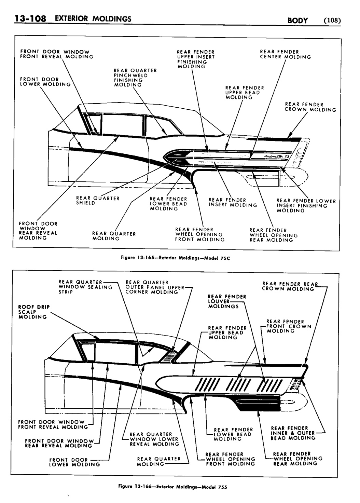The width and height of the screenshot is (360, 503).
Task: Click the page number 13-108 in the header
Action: [30, 18]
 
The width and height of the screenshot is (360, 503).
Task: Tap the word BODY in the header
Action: [297, 21]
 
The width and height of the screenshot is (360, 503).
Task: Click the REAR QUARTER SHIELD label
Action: [97, 200]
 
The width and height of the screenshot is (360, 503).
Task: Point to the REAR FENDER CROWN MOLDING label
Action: [310, 107]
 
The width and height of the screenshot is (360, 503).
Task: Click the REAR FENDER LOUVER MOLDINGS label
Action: [227, 301]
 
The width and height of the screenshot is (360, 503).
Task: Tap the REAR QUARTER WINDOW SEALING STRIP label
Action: [85, 287]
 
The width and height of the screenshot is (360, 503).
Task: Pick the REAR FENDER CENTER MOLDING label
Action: [285, 54]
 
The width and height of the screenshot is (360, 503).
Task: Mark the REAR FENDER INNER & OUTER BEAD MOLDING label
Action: [293, 433]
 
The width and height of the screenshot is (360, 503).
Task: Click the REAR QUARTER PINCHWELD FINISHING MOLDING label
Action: [135, 78]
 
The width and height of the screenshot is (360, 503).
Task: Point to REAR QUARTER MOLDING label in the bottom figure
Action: [158, 461]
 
